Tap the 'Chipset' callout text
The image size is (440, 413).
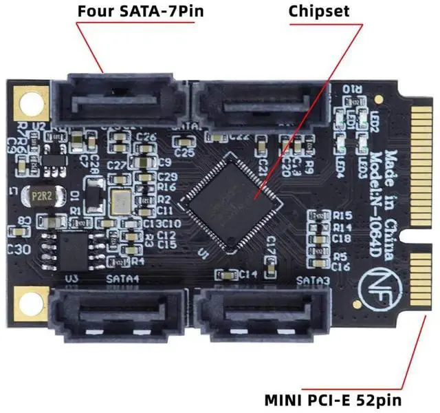tap(318, 12)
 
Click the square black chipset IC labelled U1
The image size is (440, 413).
tap(232, 198)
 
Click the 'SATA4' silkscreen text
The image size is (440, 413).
tap(123, 279)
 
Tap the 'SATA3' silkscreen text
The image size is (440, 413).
tap(313, 281)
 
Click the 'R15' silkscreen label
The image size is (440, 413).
tap(342, 216)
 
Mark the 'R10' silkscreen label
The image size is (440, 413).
tap(342, 89)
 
